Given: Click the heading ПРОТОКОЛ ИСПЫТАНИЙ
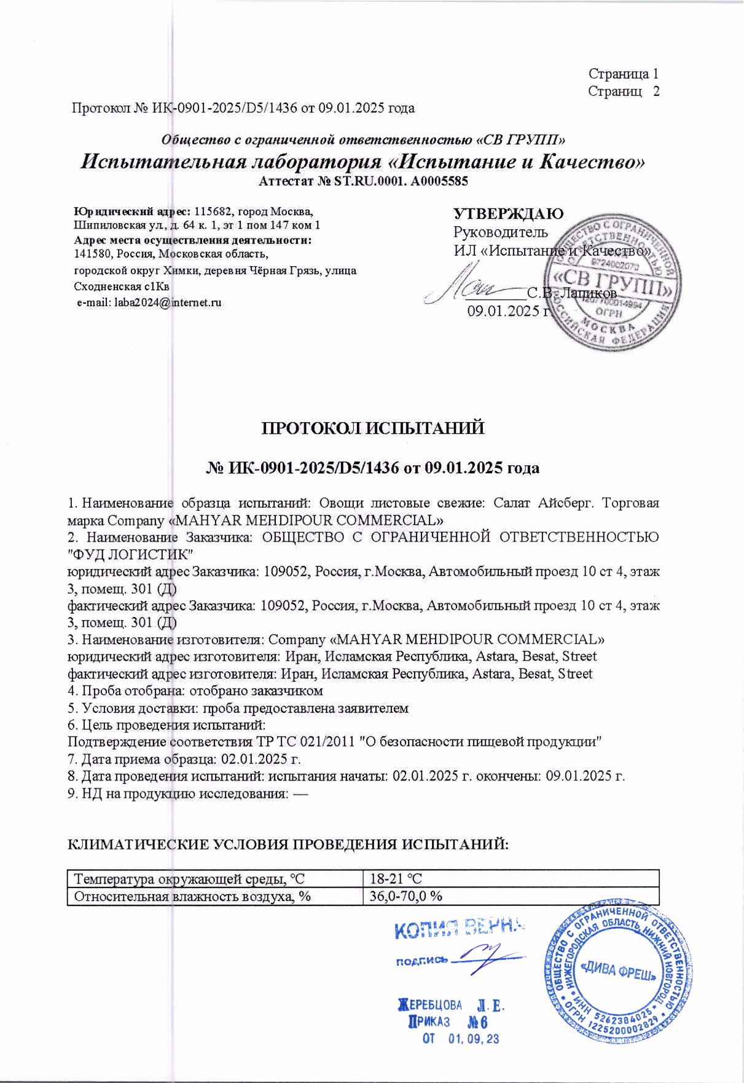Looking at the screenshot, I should (x=373, y=428).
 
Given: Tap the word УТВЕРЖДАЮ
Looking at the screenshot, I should (x=508, y=213).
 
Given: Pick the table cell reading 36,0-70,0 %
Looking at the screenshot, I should (x=405, y=896).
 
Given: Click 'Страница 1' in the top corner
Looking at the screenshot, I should (x=623, y=74).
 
